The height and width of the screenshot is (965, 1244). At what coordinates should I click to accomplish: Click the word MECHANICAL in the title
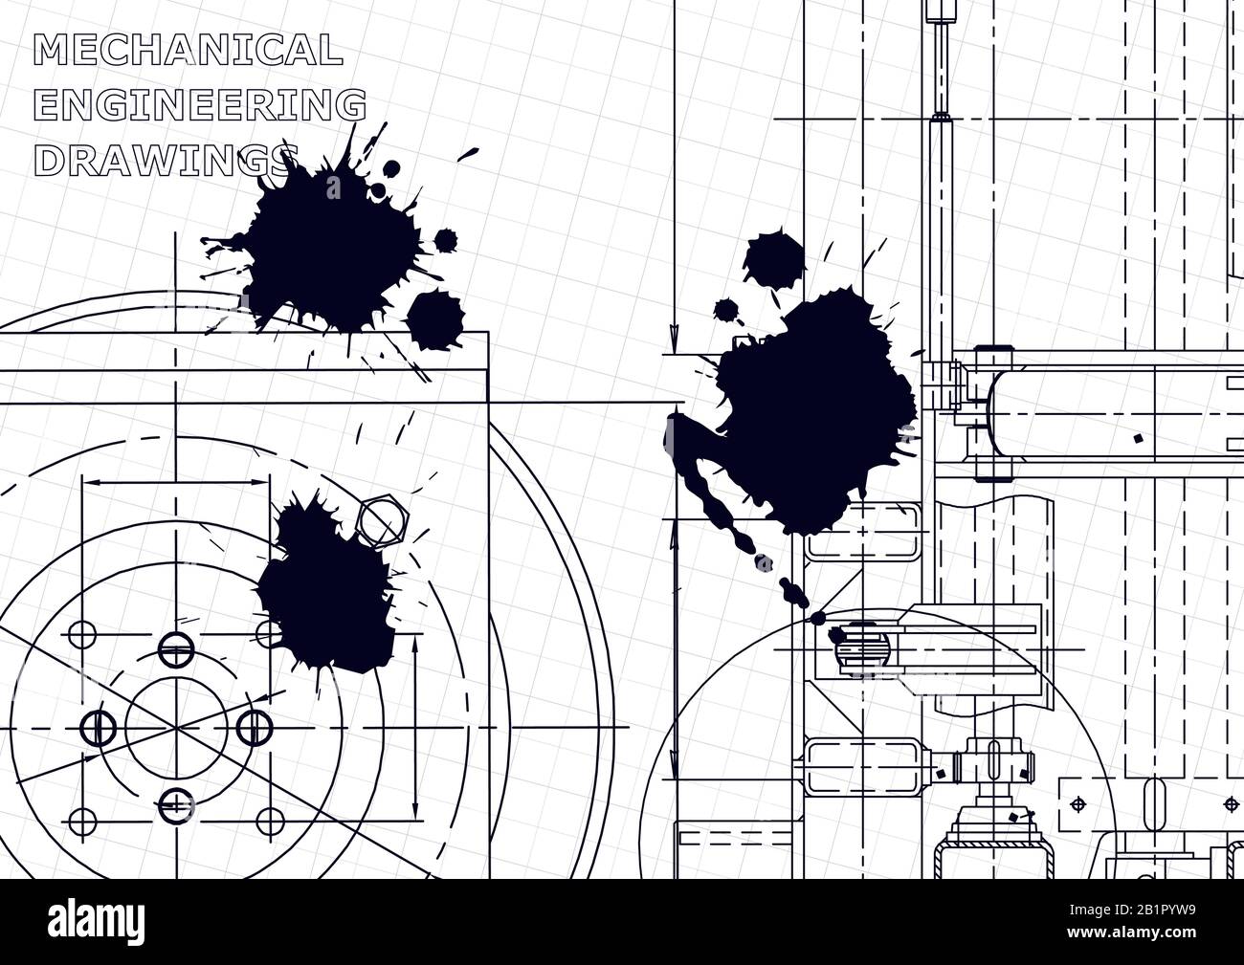[x=188, y=50]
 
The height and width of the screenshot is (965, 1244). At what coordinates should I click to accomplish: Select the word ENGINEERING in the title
[x=200, y=105]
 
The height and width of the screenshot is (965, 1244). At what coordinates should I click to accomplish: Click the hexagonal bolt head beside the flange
[x=382, y=521]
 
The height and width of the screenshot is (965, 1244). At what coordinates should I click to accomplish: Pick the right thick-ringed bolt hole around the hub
[x=251, y=727]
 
